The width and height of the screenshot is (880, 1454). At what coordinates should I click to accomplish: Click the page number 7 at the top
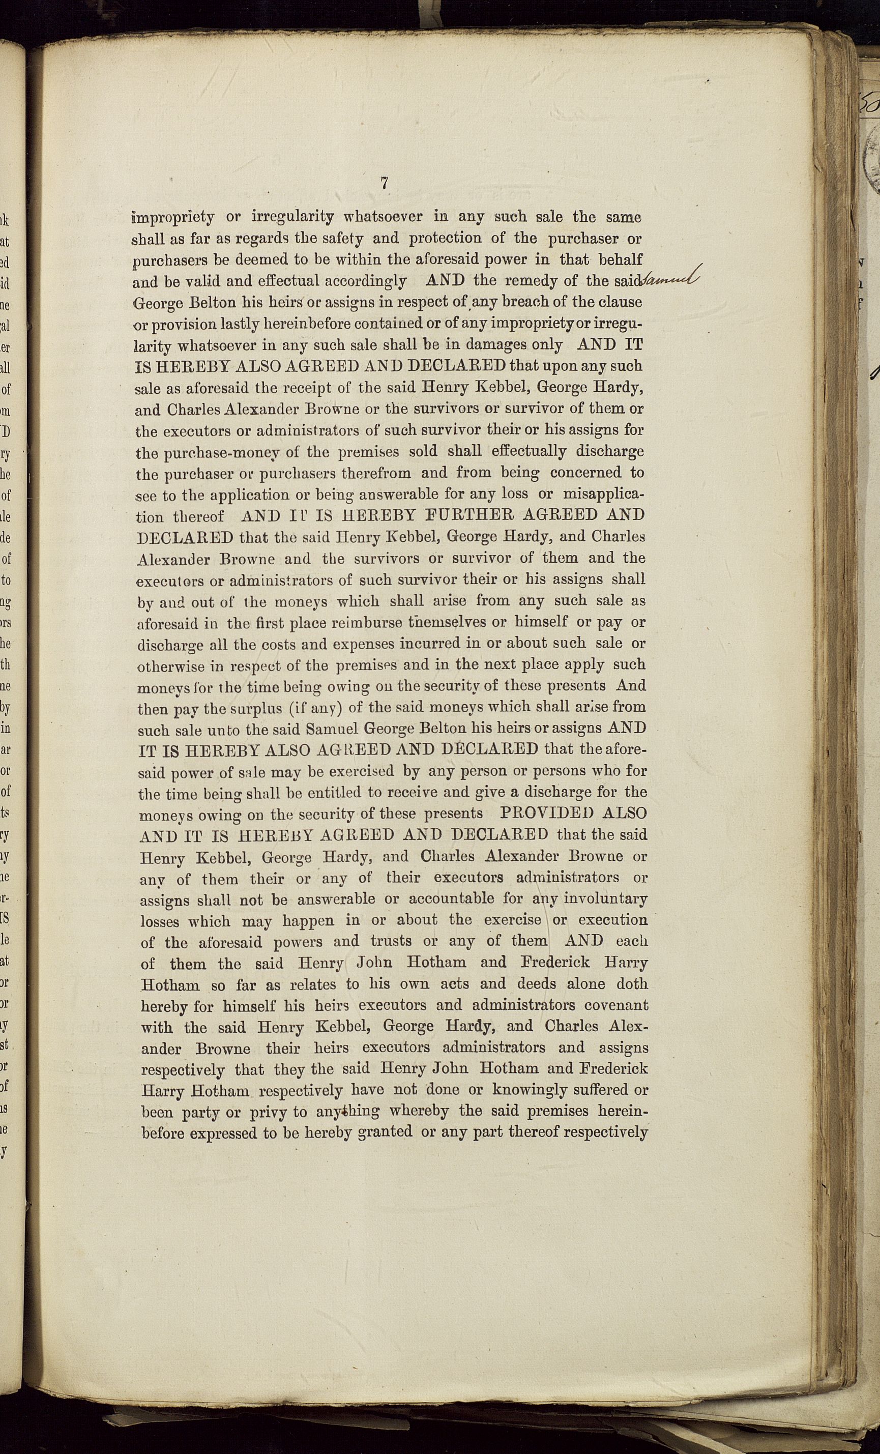pos(384,184)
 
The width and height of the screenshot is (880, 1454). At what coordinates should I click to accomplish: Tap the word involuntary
pos(606,899)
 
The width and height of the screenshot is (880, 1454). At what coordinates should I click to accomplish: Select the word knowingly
pos(541,1089)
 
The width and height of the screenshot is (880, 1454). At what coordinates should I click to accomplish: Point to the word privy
pos(269,1112)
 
